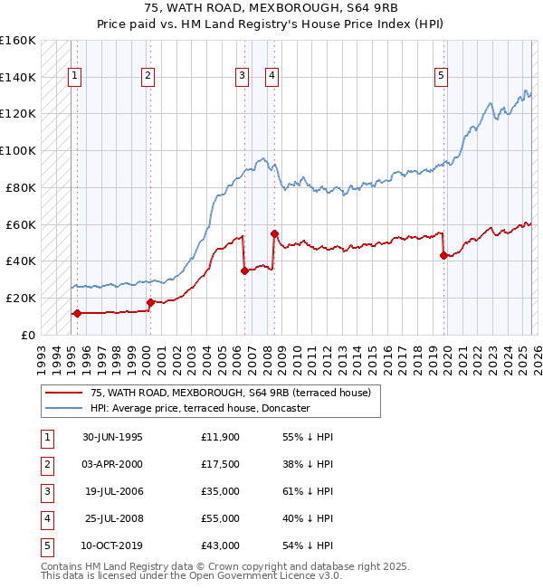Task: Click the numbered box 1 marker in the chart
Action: click(x=73, y=77)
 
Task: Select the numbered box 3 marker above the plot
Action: click(x=243, y=77)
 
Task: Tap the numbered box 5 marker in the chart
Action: click(x=441, y=77)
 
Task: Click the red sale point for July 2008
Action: click(x=274, y=232)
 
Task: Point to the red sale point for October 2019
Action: click(x=443, y=255)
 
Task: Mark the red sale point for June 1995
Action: click(x=77, y=313)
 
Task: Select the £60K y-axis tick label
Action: click(x=20, y=224)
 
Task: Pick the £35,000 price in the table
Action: click(x=221, y=492)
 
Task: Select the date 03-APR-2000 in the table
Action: click(x=112, y=464)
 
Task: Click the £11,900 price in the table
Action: click(x=221, y=437)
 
